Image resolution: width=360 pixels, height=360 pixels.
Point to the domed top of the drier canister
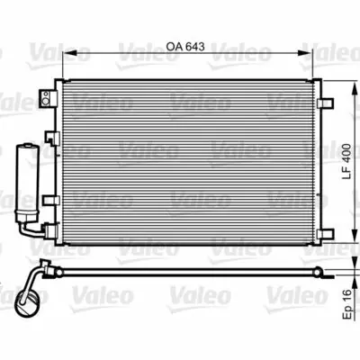point(28,144)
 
